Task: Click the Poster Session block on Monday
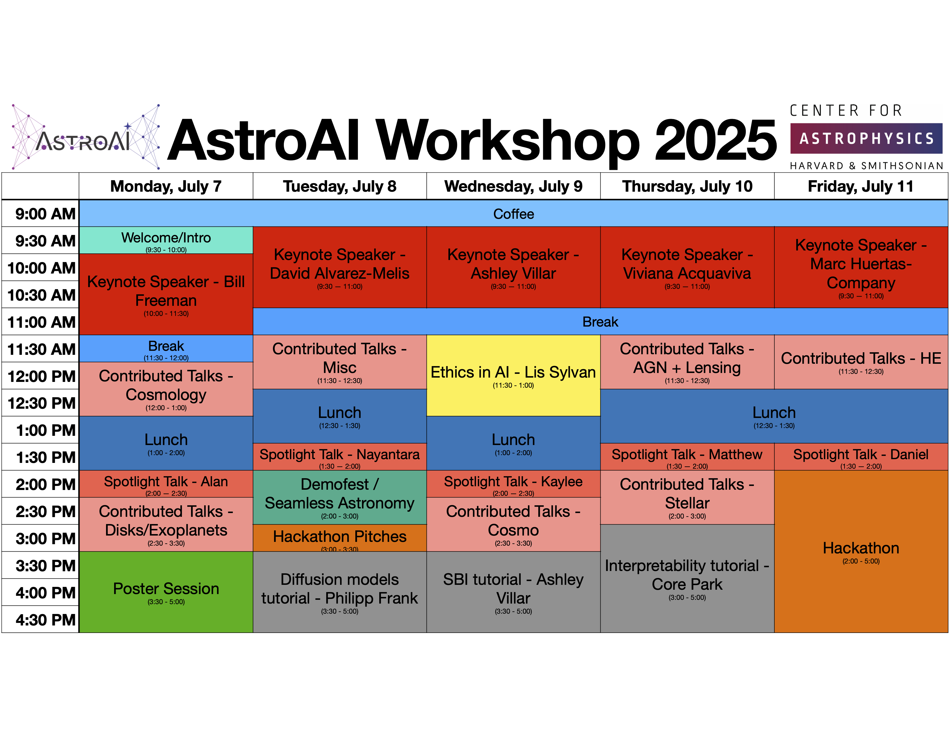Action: point(166,592)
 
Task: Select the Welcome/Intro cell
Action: point(166,240)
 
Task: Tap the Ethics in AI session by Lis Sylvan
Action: point(513,375)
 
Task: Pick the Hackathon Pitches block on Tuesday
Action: point(340,538)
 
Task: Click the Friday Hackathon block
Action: point(861,551)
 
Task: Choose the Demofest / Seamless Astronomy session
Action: point(340,497)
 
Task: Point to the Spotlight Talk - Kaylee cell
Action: point(513,484)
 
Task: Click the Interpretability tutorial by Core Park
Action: point(687,578)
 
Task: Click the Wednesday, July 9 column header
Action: point(513,186)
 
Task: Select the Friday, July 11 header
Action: point(861,186)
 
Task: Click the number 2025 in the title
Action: point(716,140)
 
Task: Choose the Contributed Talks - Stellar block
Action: point(687,497)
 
